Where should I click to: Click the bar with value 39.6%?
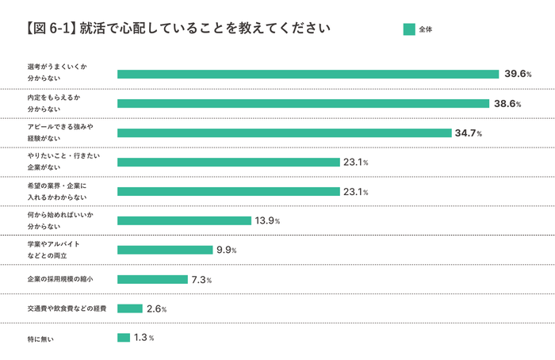point(308,74)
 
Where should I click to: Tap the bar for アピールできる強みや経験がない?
point(284,132)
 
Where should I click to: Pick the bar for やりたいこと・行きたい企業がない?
point(228,162)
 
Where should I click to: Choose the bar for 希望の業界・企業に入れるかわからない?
point(228,191)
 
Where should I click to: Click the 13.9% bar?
point(184,220)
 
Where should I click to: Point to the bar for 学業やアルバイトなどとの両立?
point(165,250)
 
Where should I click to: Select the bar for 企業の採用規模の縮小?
point(152,279)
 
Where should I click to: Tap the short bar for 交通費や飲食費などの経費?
point(130,308)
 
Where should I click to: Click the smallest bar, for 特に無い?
point(124,338)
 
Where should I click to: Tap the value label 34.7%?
point(468,132)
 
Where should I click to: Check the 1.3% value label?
point(144,338)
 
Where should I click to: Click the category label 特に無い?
point(40,339)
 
